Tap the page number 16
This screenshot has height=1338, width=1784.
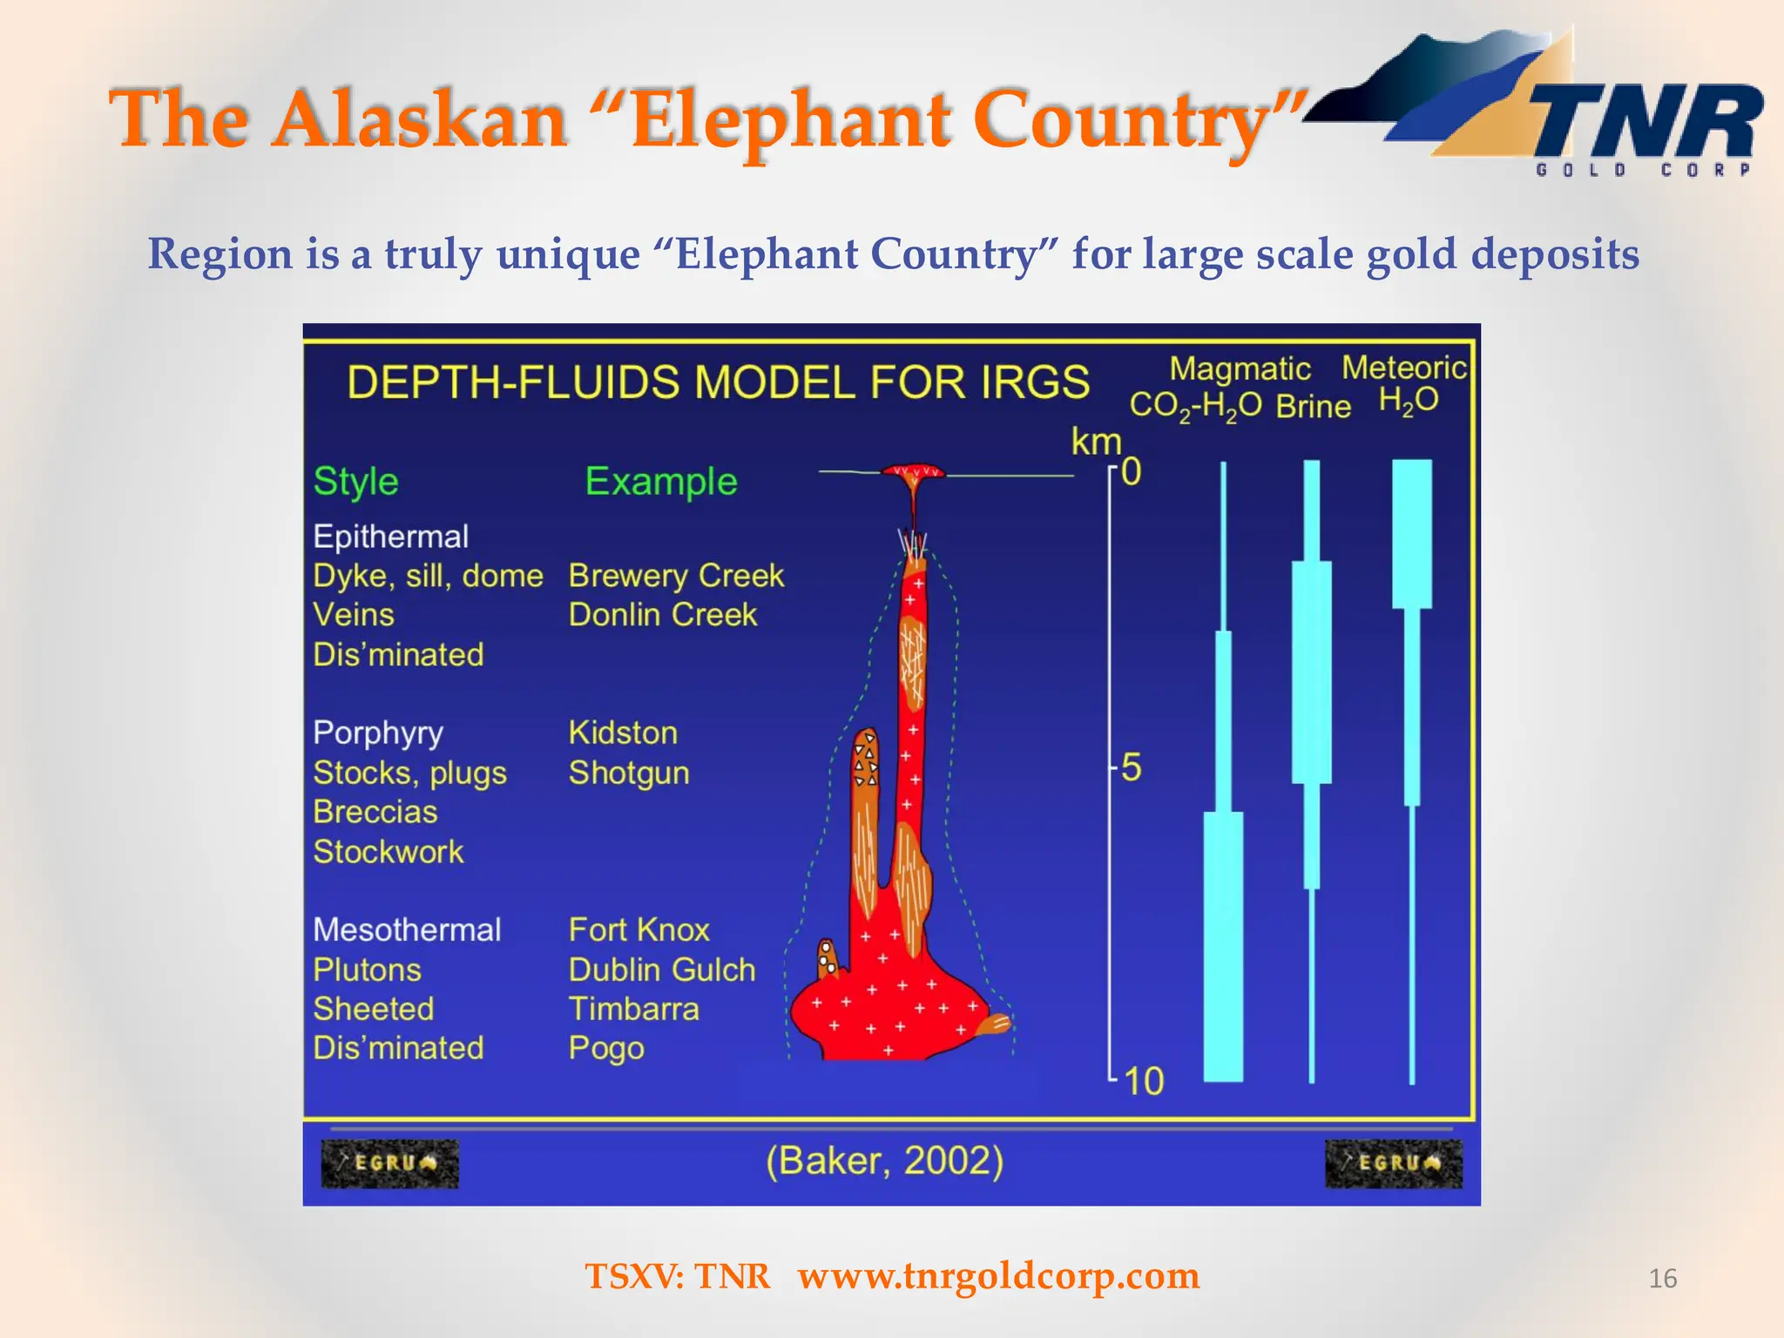1662,1278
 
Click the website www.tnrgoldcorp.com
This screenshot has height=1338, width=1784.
998,1275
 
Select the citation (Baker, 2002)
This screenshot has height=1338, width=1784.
884,1160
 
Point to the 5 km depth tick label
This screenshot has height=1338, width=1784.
1131,768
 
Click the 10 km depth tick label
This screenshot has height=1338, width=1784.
1143,1081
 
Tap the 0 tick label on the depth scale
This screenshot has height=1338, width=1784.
1131,471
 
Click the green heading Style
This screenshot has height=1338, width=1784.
355,481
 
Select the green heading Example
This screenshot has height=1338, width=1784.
660,481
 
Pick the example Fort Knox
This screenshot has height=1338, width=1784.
639,929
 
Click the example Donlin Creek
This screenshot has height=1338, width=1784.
662,615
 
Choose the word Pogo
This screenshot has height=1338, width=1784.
606,1048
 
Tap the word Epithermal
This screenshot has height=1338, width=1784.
390,536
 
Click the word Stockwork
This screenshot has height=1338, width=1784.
389,851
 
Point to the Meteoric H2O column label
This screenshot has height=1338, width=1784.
1404,383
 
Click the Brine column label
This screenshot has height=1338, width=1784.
1313,406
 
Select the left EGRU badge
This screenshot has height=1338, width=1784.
389,1163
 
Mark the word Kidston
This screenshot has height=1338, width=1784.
623,733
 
